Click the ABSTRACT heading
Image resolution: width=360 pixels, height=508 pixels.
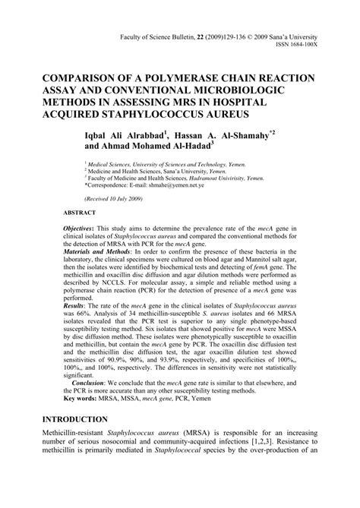[x=80, y=213]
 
